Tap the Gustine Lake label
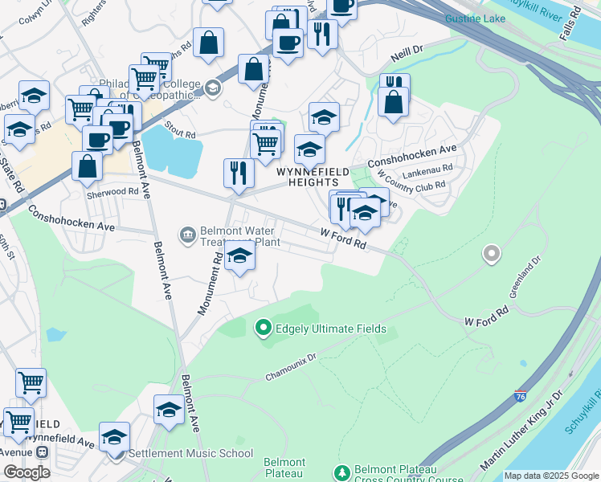click(474, 18)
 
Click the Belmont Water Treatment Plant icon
click(187, 235)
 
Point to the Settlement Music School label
click(191, 453)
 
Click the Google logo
click(27, 472)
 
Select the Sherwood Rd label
click(112, 192)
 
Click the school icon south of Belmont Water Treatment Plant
click(239, 257)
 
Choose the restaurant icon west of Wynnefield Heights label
click(239, 173)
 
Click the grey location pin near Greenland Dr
click(491, 255)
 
